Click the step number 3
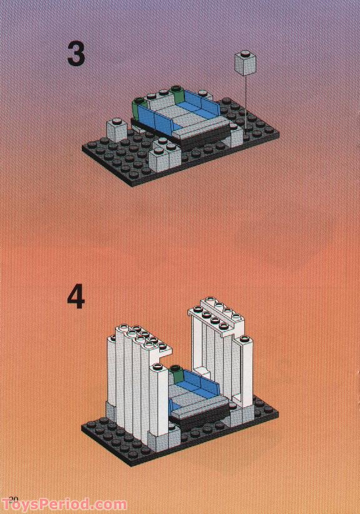tap(76, 54)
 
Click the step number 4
tap(76, 297)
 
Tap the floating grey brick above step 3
tap(246, 62)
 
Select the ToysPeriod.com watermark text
tap(64, 504)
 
